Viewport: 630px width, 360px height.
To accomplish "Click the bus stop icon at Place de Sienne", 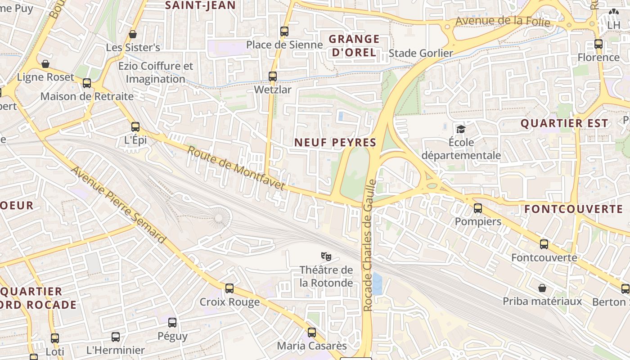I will [x=284, y=31].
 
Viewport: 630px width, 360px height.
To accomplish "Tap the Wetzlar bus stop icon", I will [x=273, y=76].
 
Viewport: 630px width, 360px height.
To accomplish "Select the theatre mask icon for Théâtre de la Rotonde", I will [x=326, y=256].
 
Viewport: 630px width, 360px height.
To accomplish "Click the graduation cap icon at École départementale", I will [x=461, y=130].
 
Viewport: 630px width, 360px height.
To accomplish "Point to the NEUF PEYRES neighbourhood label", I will [x=335, y=143].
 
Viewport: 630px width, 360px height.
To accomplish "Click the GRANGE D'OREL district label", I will [x=354, y=46].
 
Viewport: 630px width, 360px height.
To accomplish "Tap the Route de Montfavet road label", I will [x=236, y=167].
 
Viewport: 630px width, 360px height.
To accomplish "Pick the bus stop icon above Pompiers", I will [x=478, y=208].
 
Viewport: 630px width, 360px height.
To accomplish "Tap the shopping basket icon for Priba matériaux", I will [x=542, y=288].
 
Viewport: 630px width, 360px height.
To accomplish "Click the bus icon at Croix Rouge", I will [x=229, y=288].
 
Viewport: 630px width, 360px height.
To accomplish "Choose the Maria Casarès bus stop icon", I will [x=312, y=333].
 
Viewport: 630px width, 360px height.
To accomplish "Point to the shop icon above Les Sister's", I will [x=133, y=34].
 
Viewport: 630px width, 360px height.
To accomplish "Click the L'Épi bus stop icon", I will [x=135, y=127].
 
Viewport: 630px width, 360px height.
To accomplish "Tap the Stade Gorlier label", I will [x=421, y=53].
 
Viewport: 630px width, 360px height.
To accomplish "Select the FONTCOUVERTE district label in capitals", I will [x=573, y=209].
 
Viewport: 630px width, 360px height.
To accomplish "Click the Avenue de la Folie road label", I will [x=503, y=21].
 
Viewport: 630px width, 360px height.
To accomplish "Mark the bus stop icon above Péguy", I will [x=172, y=322].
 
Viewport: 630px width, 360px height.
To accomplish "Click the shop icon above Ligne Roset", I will [x=45, y=64].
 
